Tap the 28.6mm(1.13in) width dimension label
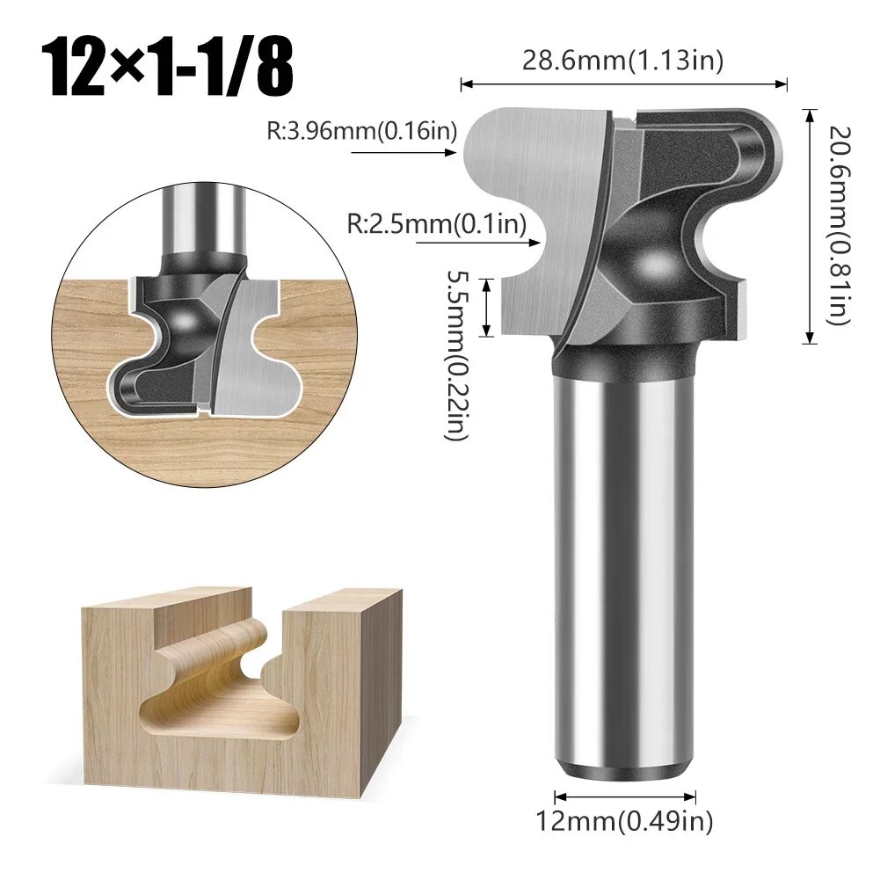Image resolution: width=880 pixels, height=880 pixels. click(x=622, y=60)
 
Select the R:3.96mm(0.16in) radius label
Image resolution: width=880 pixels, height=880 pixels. click(x=362, y=131)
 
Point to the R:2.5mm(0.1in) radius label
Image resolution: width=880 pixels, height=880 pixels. click(x=437, y=224)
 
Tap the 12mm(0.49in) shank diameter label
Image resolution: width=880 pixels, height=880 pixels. click(x=625, y=821)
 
